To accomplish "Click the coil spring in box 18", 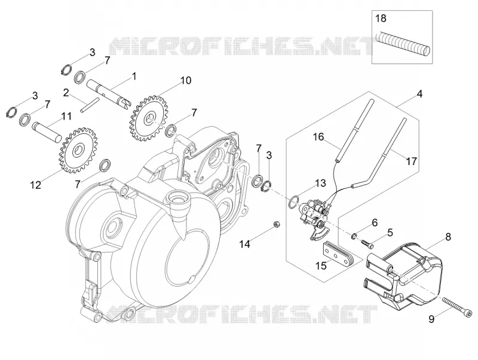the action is tap(403, 44).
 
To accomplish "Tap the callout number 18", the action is tap(381, 19).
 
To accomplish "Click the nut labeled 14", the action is tap(277, 224).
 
